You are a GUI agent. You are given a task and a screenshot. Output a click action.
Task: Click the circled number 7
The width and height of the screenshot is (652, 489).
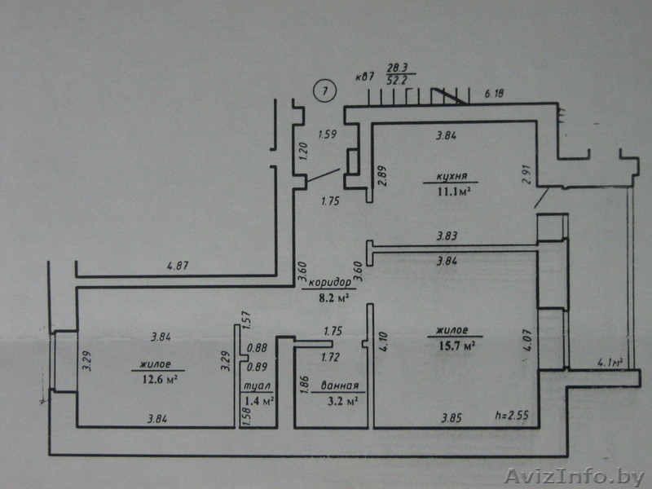click(325, 90)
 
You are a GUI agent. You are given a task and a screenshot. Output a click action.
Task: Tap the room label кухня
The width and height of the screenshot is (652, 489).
click(452, 176)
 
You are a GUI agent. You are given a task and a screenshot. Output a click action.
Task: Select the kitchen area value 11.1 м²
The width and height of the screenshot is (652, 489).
click(454, 192)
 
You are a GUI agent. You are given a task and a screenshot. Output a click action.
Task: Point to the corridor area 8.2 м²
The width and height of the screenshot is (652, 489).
click(333, 297)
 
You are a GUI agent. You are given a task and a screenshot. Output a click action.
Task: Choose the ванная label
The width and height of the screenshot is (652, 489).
click(340, 385)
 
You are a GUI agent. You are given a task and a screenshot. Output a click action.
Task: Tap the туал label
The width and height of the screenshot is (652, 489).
click(257, 386)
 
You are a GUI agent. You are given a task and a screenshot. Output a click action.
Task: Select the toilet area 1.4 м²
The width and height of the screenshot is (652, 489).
click(258, 401)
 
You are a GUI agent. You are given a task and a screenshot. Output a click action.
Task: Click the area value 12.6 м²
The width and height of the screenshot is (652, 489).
click(160, 380)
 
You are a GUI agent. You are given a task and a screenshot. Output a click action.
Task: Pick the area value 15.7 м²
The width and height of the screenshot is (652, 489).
click(457, 346)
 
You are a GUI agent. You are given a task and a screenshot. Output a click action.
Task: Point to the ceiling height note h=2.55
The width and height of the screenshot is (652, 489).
click(512, 415)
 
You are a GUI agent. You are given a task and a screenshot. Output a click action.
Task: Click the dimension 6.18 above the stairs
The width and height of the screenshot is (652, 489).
click(494, 93)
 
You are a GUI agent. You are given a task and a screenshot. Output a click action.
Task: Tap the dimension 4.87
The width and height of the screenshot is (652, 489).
click(178, 266)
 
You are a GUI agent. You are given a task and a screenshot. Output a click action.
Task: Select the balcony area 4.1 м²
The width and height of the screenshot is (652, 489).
click(610, 362)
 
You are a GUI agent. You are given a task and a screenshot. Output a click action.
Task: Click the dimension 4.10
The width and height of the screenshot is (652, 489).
click(383, 341)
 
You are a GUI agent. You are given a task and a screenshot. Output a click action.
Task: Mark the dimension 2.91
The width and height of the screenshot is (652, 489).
click(526, 175)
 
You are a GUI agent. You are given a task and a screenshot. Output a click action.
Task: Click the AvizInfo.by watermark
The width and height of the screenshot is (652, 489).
click(574, 476)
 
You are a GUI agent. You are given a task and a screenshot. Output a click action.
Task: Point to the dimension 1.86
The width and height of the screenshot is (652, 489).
click(304, 385)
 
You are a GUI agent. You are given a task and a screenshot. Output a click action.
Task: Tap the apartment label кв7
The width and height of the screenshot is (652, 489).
click(365, 77)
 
